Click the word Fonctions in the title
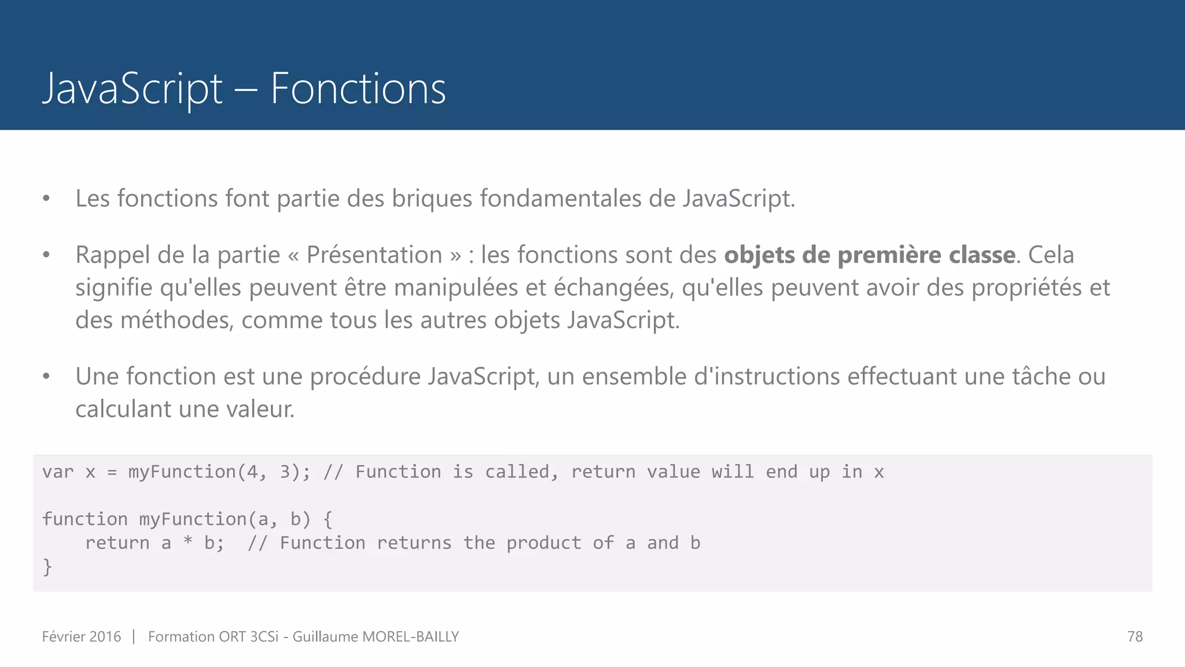tap(358, 89)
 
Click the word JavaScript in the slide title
tap(133, 89)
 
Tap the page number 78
tap(1135, 636)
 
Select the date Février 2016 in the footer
tap(82, 636)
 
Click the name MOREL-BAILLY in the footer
tap(410, 636)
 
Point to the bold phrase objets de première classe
tap(870, 255)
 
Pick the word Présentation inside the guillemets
tap(374, 255)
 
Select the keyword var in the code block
tap(58, 472)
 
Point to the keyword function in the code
tap(85, 519)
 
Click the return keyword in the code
tap(117, 543)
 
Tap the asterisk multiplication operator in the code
tap(188, 543)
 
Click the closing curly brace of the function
tap(47, 567)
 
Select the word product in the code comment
tap(544, 543)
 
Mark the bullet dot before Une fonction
tap(46, 376)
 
